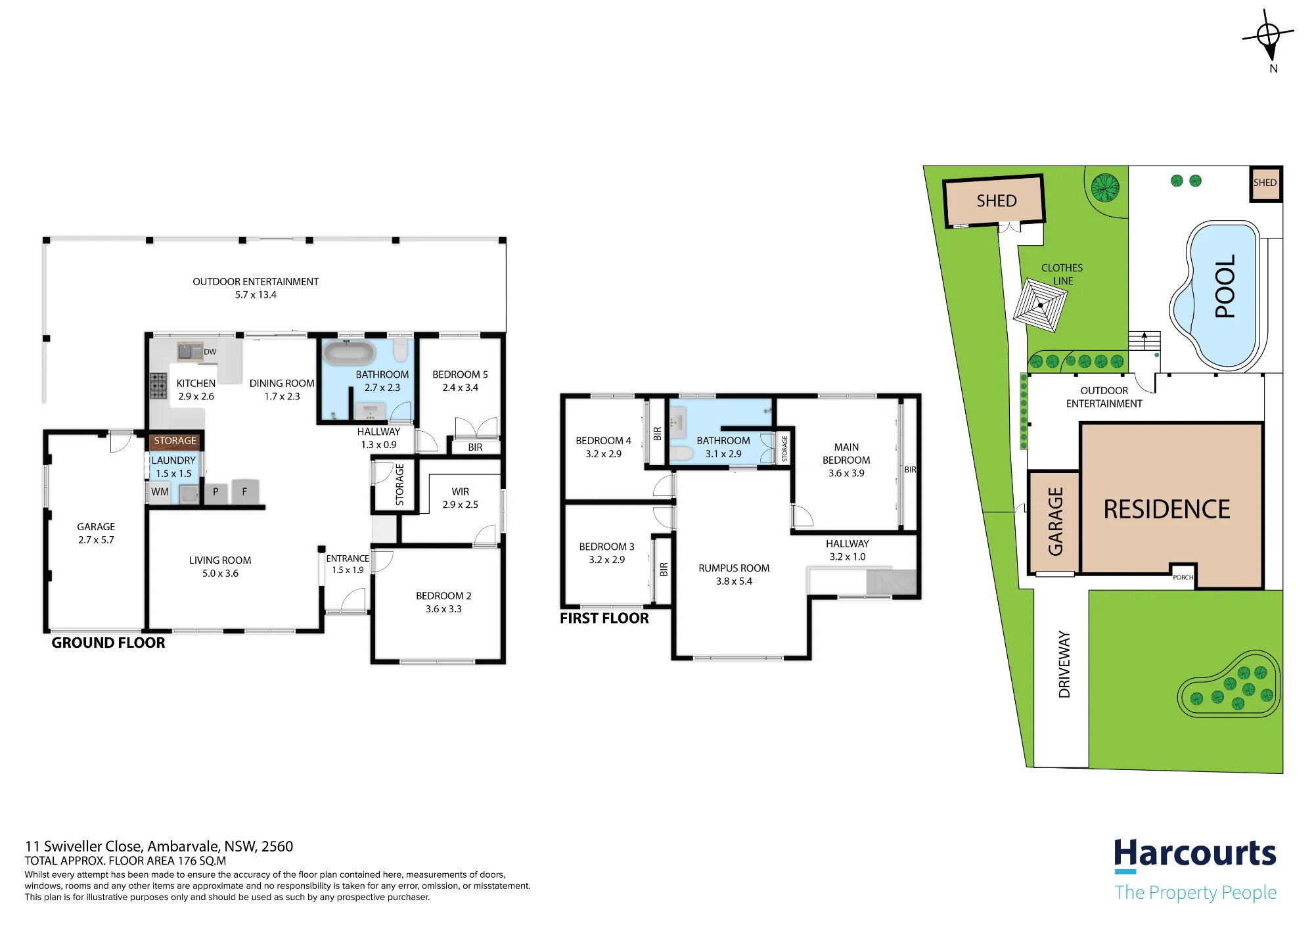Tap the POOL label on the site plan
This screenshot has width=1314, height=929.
tap(1225, 286)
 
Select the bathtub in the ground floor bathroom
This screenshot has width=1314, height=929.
tap(349, 353)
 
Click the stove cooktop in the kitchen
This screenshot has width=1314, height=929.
tap(158, 386)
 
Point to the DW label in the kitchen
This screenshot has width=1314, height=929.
tap(210, 351)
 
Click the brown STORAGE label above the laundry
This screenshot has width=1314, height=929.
tap(175, 441)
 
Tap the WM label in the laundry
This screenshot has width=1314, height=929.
tap(160, 491)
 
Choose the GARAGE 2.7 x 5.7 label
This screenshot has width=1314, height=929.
tap(96, 533)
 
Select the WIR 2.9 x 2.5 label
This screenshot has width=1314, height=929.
tap(460, 498)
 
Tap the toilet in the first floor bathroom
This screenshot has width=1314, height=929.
tap(681, 453)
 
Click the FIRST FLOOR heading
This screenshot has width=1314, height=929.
tap(604, 618)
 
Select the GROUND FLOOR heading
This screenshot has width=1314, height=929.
tap(108, 643)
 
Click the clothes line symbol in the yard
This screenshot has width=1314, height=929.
tap(1039, 306)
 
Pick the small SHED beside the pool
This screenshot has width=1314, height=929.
tap(1265, 183)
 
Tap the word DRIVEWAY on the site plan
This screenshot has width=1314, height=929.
tap(1064, 664)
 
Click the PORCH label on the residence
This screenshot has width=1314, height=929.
tap(1183, 578)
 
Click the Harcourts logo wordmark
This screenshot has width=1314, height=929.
tap(1195, 854)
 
